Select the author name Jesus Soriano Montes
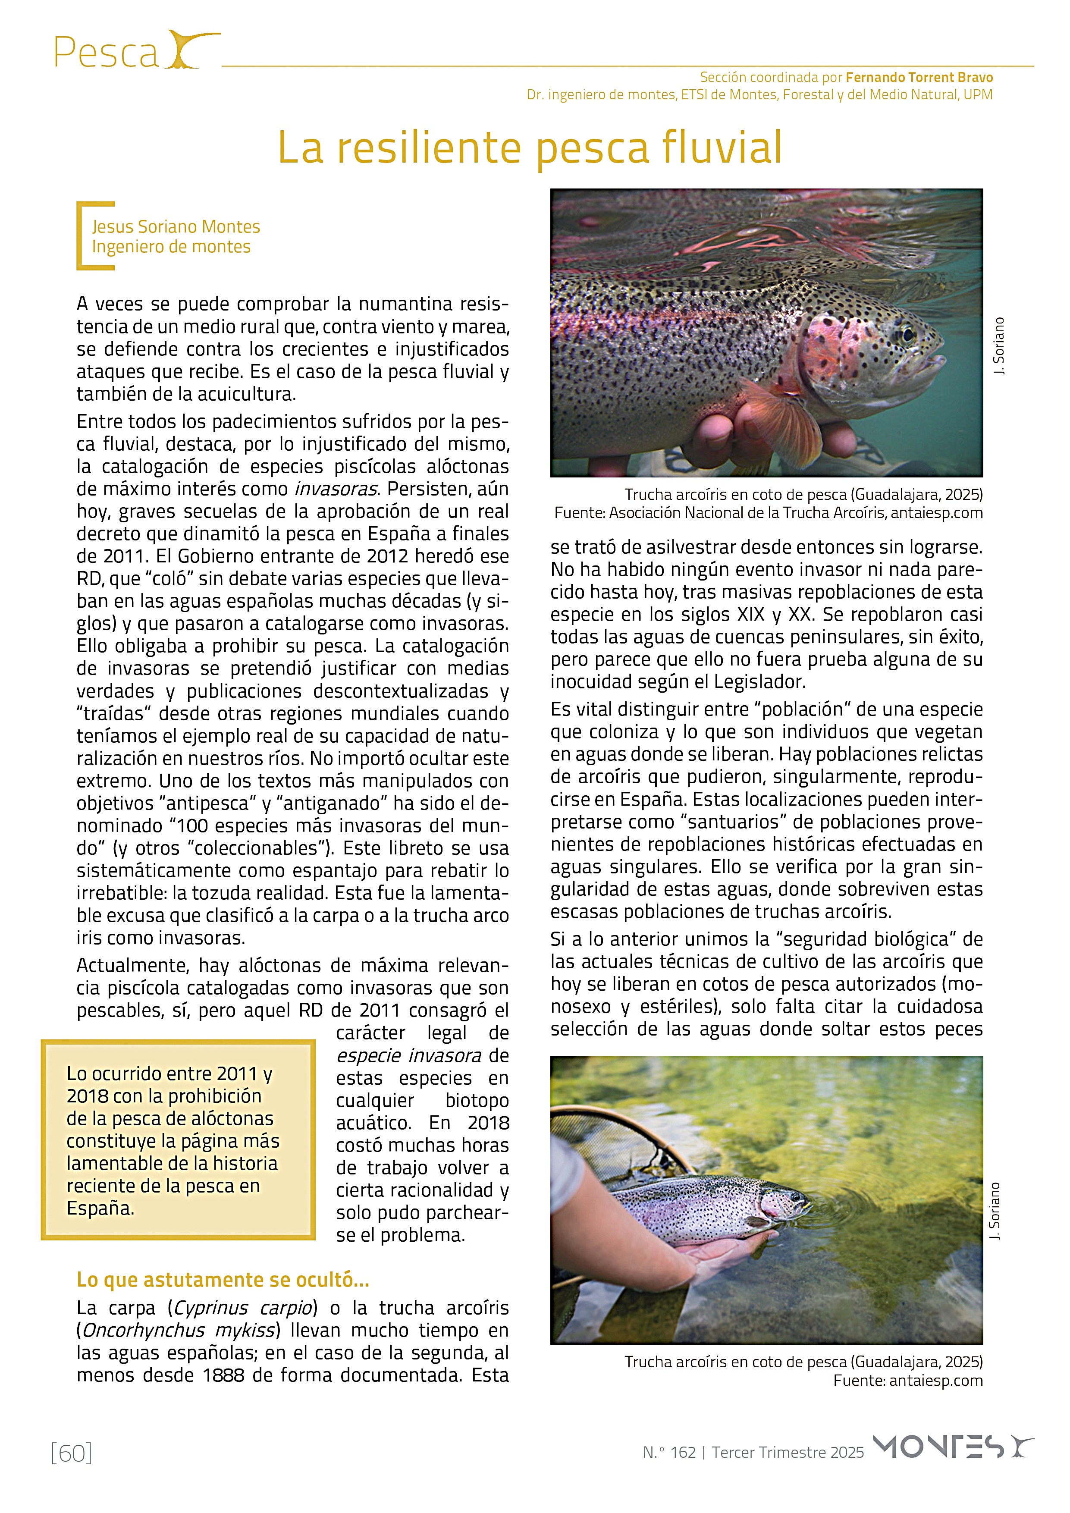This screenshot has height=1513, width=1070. [x=176, y=227]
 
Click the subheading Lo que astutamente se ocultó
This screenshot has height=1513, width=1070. [x=223, y=1279]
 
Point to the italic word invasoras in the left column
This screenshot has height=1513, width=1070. [x=336, y=489]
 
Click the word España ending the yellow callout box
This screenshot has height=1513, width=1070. [x=100, y=1208]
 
